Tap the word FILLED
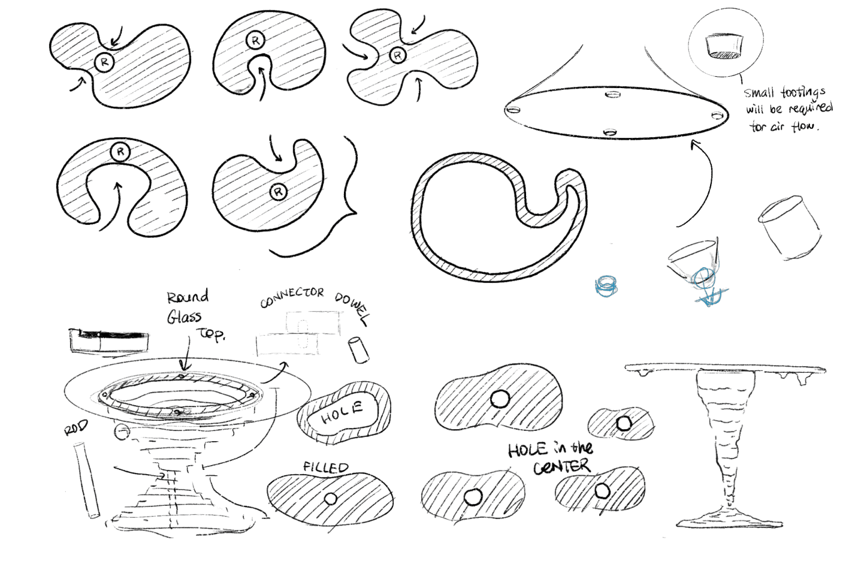click(x=326, y=467)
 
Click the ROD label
click(x=76, y=427)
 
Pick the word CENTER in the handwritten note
click(x=562, y=466)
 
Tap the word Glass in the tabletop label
click(x=184, y=317)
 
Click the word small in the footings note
click(x=759, y=93)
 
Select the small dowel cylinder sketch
click(x=358, y=349)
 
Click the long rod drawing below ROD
click(x=86, y=480)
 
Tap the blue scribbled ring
click(x=606, y=286)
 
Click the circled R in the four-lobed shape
click(x=398, y=56)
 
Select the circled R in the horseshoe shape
click(x=120, y=152)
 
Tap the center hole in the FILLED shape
click(x=331, y=499)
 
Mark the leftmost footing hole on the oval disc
click(x=513, y=110)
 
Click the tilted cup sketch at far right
click(x=790, y=228)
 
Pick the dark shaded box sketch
click(x=109, y=340)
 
